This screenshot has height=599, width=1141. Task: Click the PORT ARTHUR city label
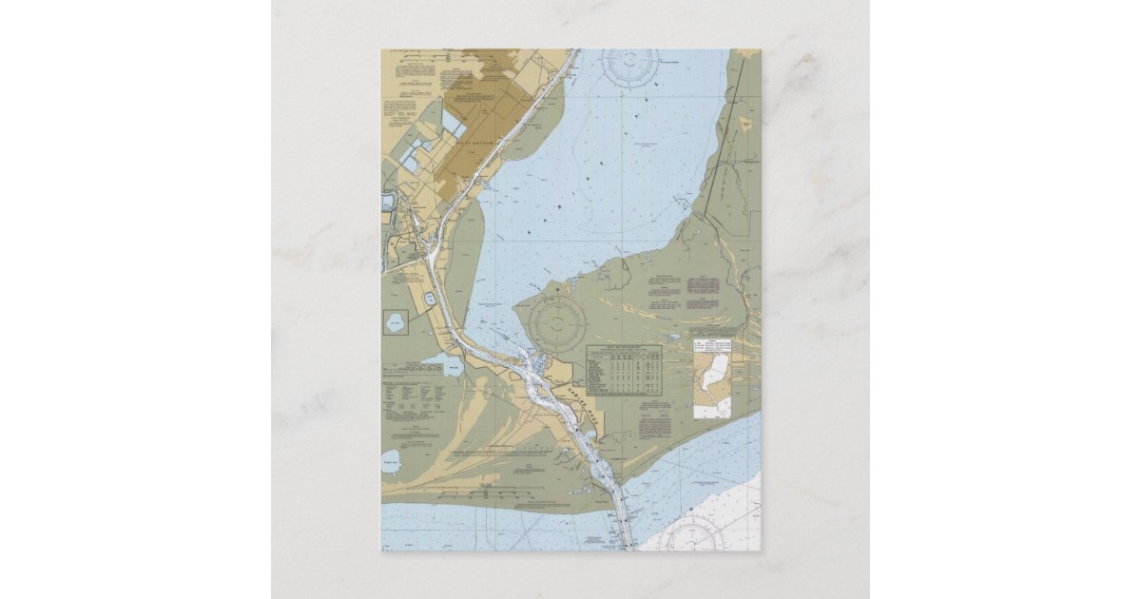pyautogui.click(x=469, y=142)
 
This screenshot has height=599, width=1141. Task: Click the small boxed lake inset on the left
pyautogui.click(x=395, y=322)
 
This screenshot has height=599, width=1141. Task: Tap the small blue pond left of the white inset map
pyautogui.click(x=674, y=336)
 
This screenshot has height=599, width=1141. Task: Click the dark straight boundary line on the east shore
pyautogui.click(x=726, y=143)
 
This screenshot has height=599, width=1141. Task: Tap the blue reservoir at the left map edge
pyautogui.click(x=388, y=202)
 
